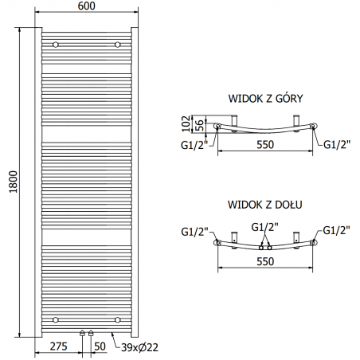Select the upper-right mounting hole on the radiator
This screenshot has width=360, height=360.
coord(117,44)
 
